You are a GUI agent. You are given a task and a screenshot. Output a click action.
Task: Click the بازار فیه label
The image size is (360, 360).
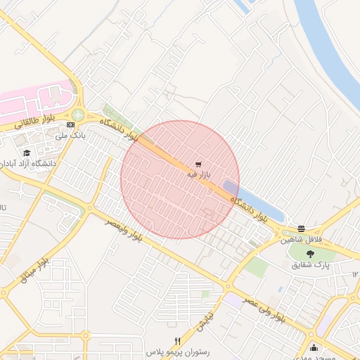coord(199,173)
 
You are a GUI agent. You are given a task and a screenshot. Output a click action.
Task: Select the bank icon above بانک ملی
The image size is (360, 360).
coord(70,125)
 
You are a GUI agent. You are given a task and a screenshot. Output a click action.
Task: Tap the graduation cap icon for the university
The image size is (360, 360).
coord(27,153)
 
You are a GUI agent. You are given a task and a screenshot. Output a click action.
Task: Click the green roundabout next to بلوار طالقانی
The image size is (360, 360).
coord(77,115)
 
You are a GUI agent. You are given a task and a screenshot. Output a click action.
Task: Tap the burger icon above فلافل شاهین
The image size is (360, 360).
coord(302,229)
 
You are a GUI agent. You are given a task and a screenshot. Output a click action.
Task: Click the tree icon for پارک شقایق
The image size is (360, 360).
coord(311,254)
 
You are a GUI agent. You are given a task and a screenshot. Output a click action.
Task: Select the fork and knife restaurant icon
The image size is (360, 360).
coord(177,341)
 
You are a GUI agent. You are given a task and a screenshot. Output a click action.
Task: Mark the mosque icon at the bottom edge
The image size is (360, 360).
coord(313,348)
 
